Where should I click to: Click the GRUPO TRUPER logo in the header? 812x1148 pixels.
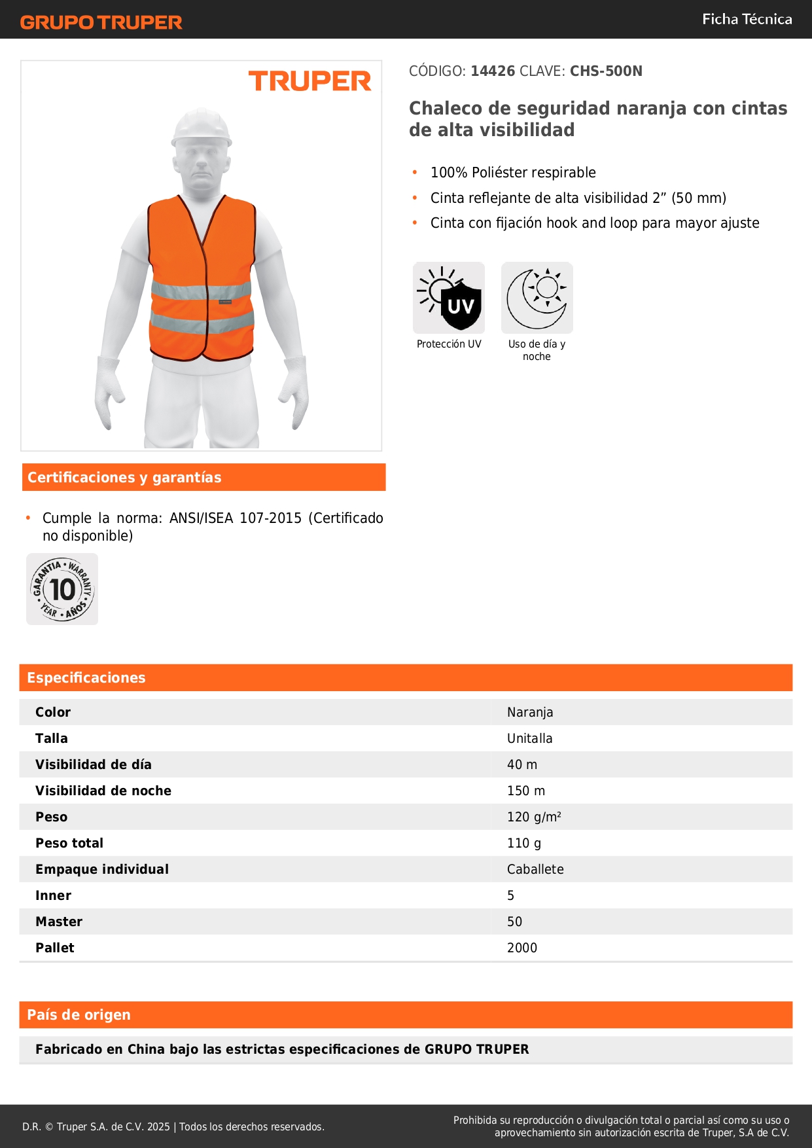(101, 22)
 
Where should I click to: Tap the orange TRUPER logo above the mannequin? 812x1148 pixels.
(309, 81)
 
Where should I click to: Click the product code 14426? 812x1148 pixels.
(493, 71)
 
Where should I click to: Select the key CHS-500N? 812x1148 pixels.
(606, 71)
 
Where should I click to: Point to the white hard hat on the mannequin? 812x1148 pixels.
(202, 126)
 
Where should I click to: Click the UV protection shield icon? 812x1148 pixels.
(449, 298)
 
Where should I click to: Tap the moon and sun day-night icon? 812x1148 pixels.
(537, 298)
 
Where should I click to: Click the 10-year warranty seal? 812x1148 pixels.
(62, 589)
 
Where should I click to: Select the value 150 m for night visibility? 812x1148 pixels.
(525, 791)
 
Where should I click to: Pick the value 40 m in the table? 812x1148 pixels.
(521, 764)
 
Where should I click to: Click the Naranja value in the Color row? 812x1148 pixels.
(530, 712)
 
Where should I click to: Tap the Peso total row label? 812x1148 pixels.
(69, 843)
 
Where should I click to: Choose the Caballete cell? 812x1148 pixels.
(535, 869)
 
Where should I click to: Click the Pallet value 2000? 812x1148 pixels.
(521, 948)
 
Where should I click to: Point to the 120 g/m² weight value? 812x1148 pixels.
(534, 817)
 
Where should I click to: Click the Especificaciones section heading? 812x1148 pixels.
(86, 677)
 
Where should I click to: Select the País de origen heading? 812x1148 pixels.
(79, 1014)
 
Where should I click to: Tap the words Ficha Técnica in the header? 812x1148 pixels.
(747, 19)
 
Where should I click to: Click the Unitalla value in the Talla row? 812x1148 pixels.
(529, 738)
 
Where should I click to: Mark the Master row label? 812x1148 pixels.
(59, 922)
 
